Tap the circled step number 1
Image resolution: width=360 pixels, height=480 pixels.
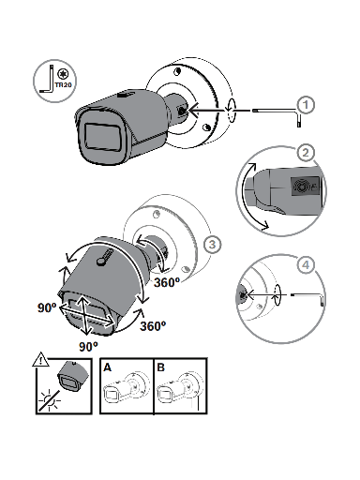304,103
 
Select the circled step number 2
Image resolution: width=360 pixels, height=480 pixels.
305,152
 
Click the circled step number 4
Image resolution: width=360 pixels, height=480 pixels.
305,264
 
